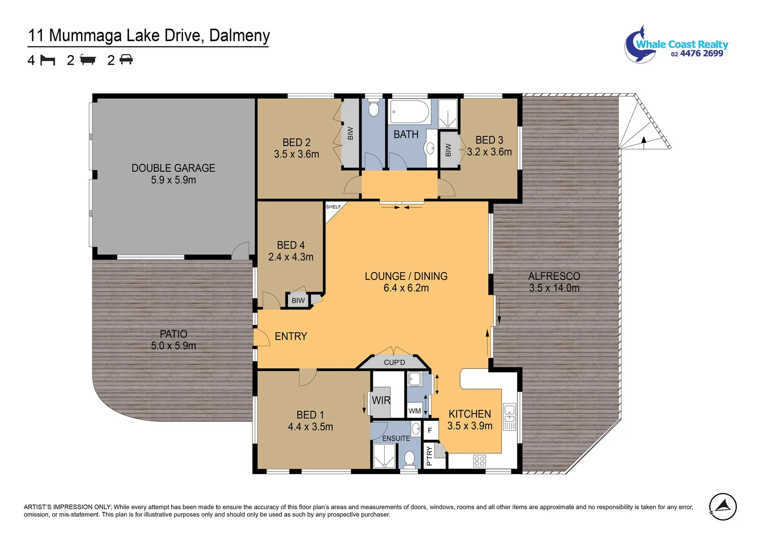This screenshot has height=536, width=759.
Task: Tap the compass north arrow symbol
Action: pos(723,507)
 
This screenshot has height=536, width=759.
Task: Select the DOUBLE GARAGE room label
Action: pos(173,168)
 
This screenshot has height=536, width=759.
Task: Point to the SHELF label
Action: pos(334,206)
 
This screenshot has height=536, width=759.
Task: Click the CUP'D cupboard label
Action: pos(395,362)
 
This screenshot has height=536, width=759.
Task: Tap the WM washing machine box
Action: pos(414,410)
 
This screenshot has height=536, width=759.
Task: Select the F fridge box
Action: pos(430,430)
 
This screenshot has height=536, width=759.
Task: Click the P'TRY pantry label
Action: pos(429,456)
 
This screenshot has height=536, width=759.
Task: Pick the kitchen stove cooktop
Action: pos(480,461)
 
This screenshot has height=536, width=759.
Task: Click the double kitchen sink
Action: pos(509,417)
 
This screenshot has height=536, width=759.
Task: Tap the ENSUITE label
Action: pos(396,438)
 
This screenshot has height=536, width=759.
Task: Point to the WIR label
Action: pos(381,401)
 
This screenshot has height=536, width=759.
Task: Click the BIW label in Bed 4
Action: pos(298,301)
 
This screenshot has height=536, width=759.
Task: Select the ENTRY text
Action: pos(291,336)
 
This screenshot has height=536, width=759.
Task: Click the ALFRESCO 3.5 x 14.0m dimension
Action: pos(554,288)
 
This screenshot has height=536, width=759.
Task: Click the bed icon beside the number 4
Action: pos(48,60)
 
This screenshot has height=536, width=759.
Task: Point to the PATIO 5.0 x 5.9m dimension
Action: pos(173,346)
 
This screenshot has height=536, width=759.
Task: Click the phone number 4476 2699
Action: pos(701,54)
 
